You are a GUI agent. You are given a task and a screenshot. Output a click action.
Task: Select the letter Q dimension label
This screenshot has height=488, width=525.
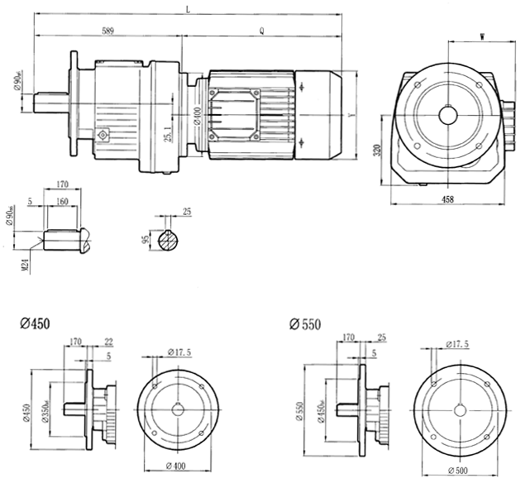pos(261,31)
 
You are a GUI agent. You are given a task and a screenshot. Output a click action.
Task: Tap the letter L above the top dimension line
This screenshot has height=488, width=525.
pos(189,10)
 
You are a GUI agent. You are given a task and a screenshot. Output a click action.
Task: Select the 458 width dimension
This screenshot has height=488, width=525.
pos(446,199)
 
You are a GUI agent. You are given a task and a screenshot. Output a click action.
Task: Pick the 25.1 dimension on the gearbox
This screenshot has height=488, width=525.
pos(169,132)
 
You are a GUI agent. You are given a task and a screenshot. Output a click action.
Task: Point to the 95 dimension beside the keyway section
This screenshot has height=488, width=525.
pos(146,241)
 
